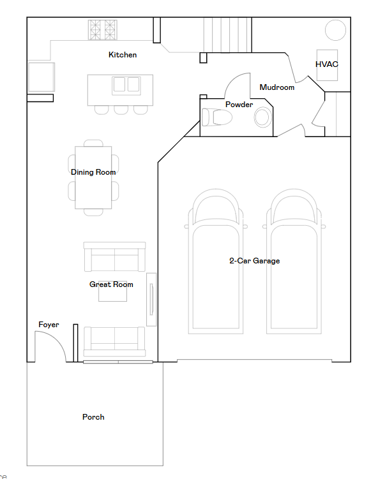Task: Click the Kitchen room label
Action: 123,55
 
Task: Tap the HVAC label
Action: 326,64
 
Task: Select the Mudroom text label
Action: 277,87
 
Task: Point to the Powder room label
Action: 239,105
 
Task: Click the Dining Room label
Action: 93,172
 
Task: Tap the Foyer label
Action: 49,325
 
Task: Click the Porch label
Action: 93,417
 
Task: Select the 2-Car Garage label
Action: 254,261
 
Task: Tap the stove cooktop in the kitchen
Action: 103,29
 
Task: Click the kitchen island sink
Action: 126,85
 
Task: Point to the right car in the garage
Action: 293,262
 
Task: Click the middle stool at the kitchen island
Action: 121,110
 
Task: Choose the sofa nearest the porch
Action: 114,341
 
